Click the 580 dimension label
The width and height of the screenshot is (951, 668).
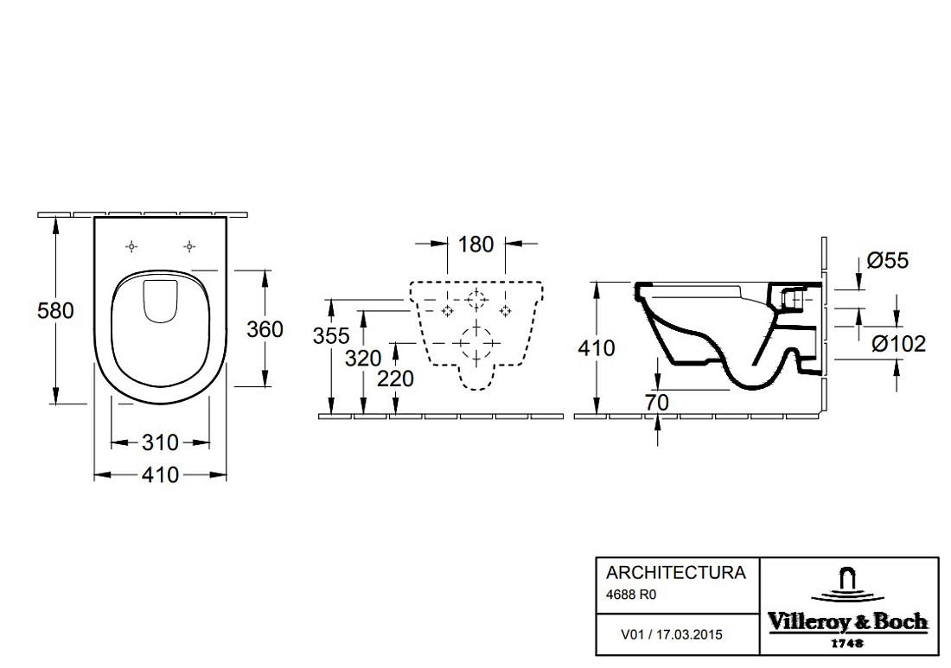coord(55,310)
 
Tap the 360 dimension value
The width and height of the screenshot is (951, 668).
coord(265,329)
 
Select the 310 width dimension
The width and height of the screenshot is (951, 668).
coord(160,442)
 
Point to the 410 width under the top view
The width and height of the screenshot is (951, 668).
coord(160,474)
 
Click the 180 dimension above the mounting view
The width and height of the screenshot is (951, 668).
coord(475,245)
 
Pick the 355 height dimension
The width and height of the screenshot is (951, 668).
coord(331,335)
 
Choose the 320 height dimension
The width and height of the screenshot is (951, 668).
coord(363,359)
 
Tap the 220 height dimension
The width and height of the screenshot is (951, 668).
coord(395,379)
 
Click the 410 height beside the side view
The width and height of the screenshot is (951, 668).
coord(597,348)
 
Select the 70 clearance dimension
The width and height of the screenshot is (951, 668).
coord(657,402)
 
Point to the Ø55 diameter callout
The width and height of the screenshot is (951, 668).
coord(888,261)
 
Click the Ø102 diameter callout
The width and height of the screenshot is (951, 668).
coord(899,344)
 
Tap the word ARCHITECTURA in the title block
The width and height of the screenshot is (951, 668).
coord(676,573)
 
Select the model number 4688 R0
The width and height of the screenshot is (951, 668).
coord(631,595)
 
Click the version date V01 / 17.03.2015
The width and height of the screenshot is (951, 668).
coord(672,634)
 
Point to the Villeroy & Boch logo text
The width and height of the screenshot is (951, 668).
coord(848,621)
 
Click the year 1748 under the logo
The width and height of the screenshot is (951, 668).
coord(847,643)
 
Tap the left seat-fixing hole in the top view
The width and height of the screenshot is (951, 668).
coord(131,246)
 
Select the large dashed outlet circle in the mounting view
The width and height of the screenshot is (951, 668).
coord(476,344)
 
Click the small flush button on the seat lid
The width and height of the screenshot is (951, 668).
coord(161,300)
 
